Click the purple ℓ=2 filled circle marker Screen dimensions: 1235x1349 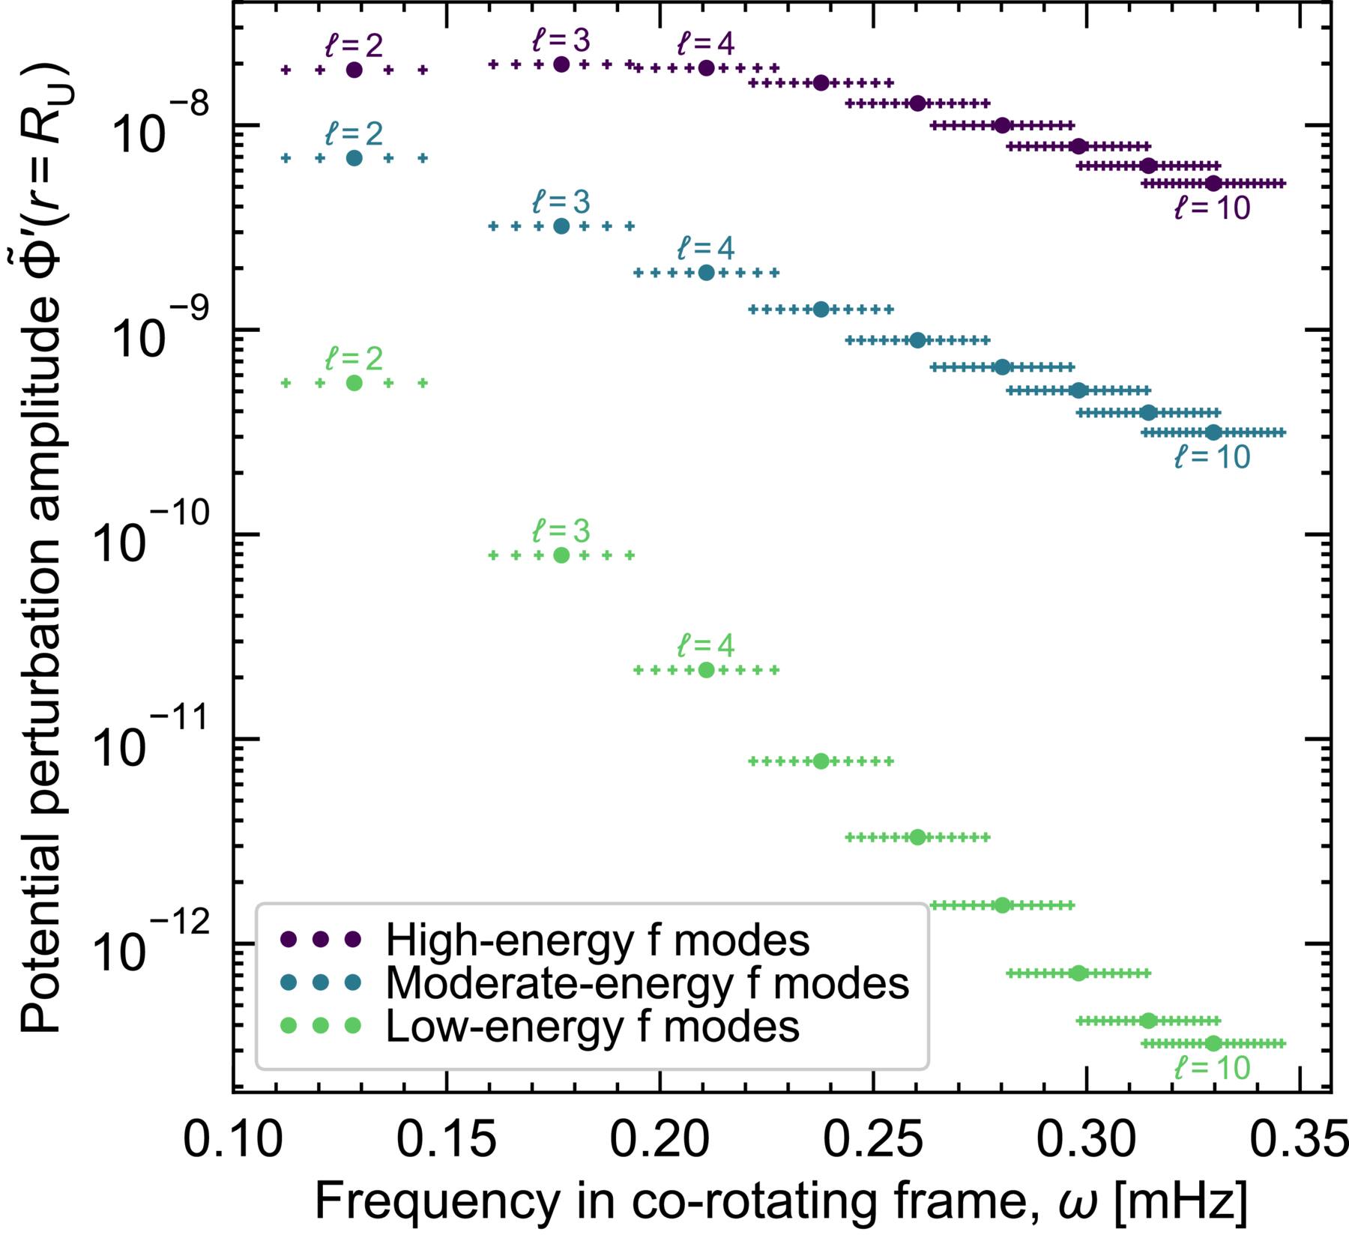354,70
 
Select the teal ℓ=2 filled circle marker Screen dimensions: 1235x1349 354,158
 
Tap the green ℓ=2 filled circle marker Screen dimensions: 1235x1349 354,383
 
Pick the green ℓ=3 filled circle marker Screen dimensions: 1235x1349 561,555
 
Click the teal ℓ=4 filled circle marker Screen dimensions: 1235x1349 706,273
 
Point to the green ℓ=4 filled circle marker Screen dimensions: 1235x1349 706,670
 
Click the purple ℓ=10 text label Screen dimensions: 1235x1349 1212,209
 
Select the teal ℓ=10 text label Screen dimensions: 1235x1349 1212,457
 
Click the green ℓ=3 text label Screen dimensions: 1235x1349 561,531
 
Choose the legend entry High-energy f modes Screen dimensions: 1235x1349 597,940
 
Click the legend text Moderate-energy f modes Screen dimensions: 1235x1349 647,983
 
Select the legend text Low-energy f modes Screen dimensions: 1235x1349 592,1026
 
